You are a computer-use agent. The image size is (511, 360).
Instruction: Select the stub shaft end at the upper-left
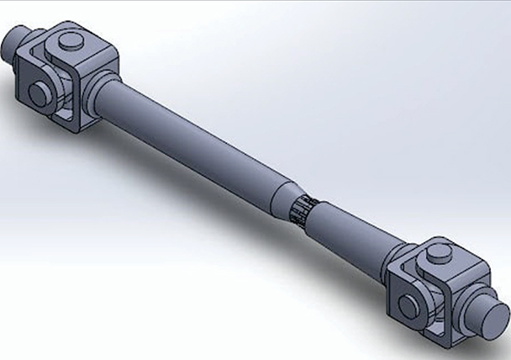tap(16, 44)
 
